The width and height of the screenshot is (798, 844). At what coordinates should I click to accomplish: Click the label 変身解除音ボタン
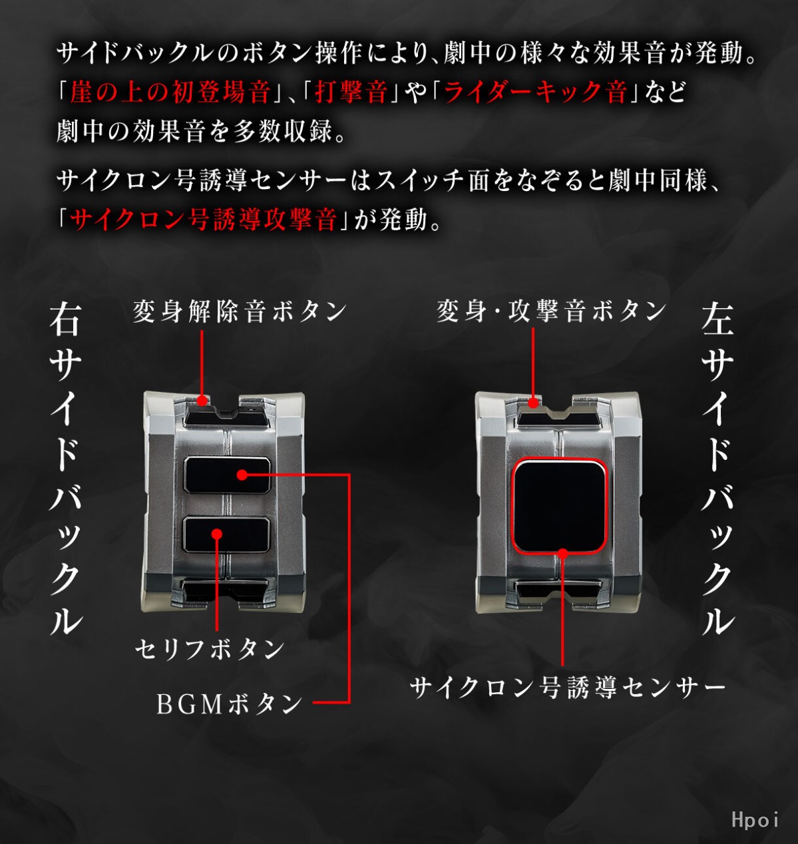tap(240, 312)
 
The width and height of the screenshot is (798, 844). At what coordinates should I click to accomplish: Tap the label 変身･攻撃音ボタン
tap(551, 311)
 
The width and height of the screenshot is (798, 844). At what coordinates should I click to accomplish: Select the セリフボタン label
tap(210, 649)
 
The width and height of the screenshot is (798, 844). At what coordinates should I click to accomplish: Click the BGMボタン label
tap(229, 704)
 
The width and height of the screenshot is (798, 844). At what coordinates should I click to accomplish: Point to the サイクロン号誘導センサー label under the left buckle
tap(568, 688)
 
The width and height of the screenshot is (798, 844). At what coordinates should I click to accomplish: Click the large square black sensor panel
tap(559, 507)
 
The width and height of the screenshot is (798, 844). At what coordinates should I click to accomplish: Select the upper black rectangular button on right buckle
tap(227, 475)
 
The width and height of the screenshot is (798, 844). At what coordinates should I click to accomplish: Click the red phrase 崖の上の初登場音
tap(170, 92)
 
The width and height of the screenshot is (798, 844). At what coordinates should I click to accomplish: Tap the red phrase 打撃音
tap(351, 92)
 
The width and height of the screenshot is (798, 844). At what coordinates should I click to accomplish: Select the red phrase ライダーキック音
tap(535, 92)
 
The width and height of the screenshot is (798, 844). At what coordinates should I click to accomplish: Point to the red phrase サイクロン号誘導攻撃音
tap(203, 219)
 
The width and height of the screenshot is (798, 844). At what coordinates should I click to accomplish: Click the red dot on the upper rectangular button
tap(242, 475)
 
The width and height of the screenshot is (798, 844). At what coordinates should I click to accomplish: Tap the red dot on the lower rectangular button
tap(217, 534)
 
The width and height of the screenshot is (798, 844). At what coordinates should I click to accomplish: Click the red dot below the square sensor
tap(563, 553)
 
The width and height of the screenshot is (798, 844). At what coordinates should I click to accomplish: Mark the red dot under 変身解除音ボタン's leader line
tap(201, 401)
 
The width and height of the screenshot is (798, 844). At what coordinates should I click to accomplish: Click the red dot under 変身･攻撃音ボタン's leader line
tap(532, 403)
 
